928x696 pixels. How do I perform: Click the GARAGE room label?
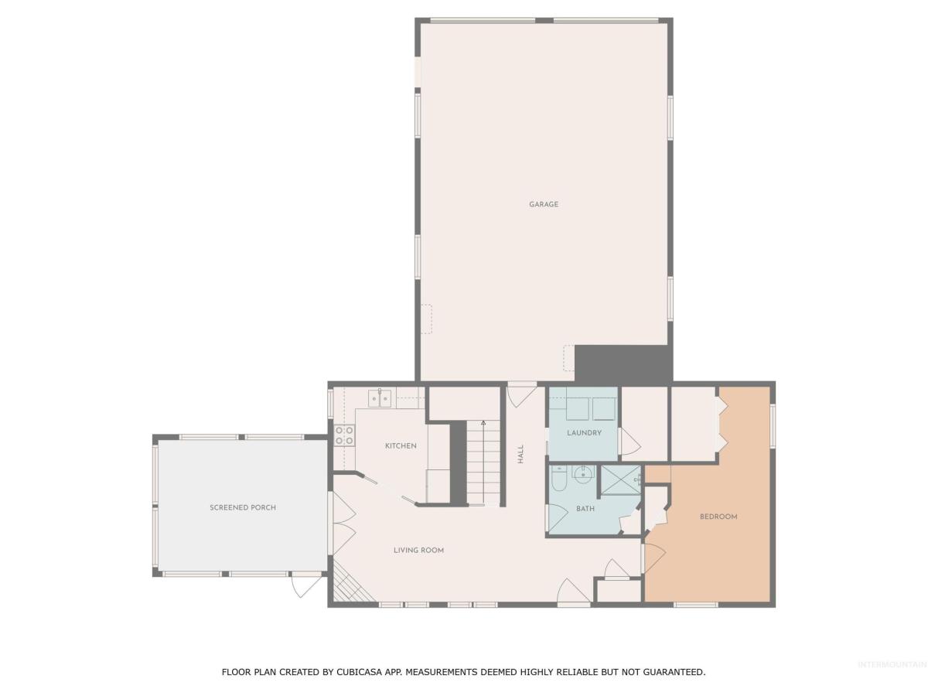(x=544, y=204)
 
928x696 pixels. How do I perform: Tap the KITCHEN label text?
(x=401, y=445)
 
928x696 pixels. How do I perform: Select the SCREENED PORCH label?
(x=243, y=507)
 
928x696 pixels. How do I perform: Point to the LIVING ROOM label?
(x=418, y=550)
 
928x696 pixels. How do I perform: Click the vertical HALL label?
(x=520, y=453)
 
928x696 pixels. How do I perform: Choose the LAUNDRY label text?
(x=584, y=432)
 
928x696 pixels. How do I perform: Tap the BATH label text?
(x=585, y=508)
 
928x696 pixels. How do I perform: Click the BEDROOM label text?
(x=718, y=516)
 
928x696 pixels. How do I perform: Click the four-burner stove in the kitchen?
(x=344, y=435)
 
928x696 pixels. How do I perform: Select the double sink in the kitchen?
(x=379, y=398)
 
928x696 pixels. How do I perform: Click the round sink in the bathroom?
(x=582, y=474)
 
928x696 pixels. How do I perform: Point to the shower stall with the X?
(x=620, y=480)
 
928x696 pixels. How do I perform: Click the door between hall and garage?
(x=522, y=394)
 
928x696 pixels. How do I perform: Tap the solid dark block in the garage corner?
(x=623, y=363)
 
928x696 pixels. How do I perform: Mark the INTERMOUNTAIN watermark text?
(x=894, y=664)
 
